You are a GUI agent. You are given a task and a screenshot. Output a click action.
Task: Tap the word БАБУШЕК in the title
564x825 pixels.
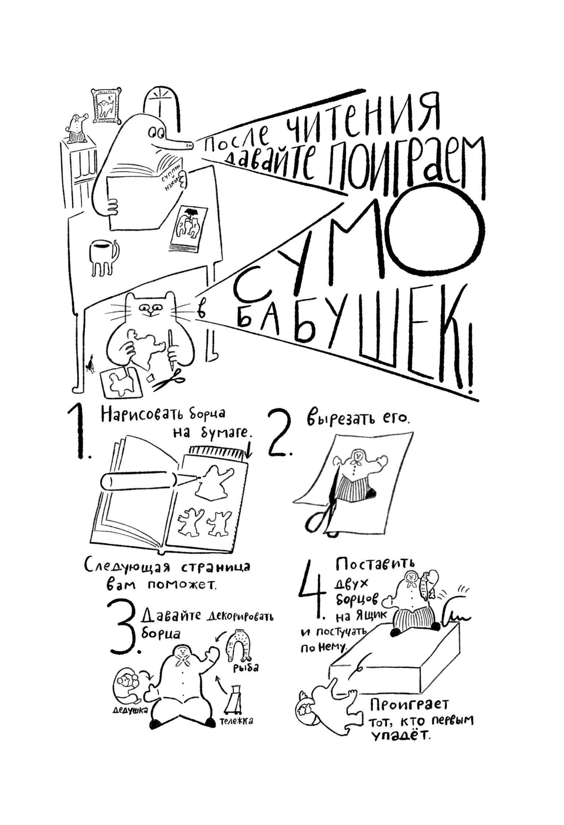pyautogui.click(x=353, y=342)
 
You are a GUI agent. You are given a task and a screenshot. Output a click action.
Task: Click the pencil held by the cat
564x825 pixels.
pyautogui.click(x=171, y=349)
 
